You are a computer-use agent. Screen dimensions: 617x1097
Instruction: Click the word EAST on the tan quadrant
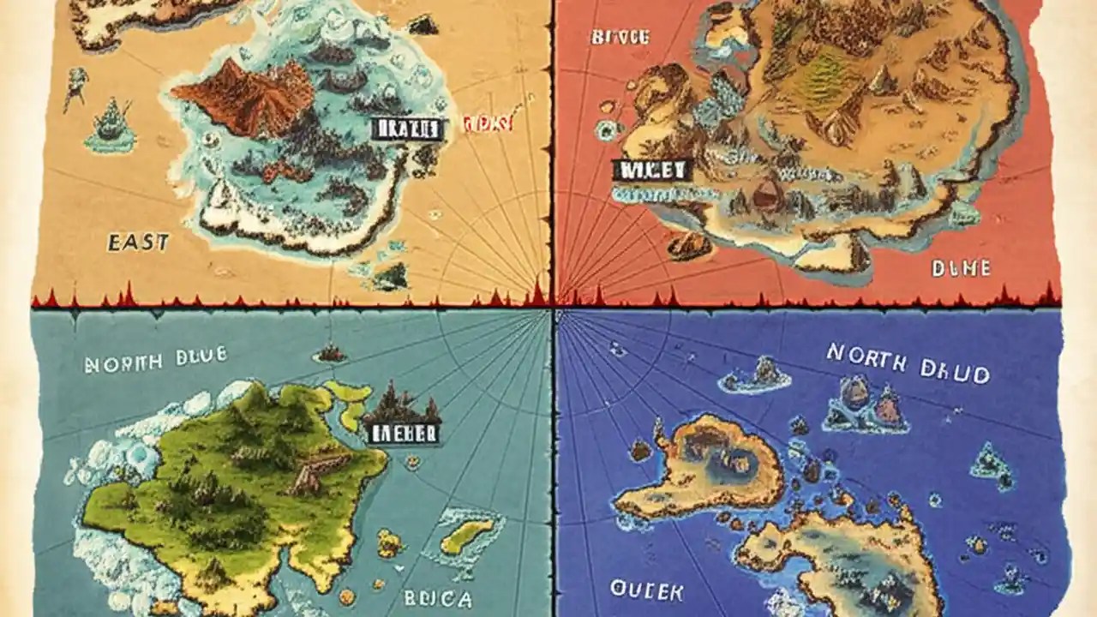tap(138, 243)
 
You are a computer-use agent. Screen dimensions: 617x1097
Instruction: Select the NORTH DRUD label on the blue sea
tap(908, 362)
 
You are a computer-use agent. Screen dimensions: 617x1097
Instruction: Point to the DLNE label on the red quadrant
tap(960, 269)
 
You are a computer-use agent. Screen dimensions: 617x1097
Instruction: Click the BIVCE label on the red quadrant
tap(620, 37)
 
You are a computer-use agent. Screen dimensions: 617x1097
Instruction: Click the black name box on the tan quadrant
tap(407, 129)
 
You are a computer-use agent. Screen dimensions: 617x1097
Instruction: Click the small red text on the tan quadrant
tap(487, 124)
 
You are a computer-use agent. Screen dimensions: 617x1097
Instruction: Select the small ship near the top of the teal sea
tap(330, 352)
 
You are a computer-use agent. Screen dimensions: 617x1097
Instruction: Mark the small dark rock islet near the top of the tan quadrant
tap(423, 26)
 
